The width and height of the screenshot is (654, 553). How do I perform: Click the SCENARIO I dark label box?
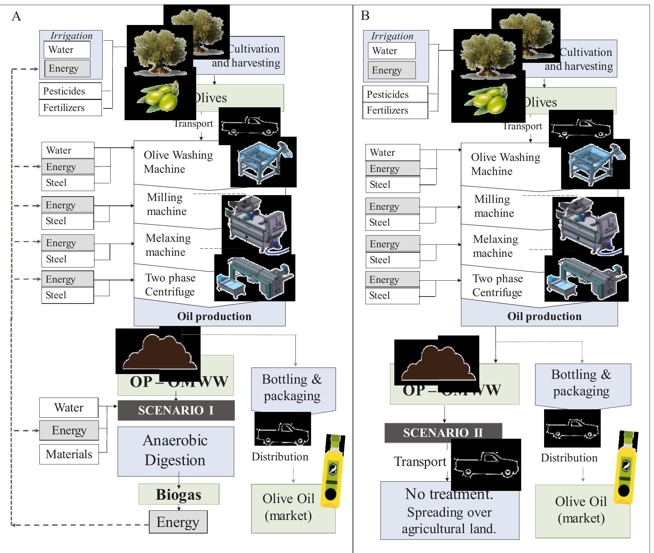[176, 410]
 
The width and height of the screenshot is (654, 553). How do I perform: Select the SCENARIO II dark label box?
[443, 432]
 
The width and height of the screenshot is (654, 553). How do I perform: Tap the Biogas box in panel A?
[179, 494]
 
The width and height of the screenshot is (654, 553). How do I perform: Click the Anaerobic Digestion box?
[176, 451]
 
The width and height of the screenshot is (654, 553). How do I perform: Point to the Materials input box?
[69, 454]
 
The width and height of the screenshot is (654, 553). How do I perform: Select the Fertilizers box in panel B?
[395, 111]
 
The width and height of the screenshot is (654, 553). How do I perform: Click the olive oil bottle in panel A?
[333, 471]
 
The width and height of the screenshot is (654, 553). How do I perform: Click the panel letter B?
[365, 16]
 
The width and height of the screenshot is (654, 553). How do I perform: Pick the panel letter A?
[16, 17]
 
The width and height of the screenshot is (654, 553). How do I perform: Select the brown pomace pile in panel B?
[436, 363]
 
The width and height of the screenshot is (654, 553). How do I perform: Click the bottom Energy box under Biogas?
[178, 522]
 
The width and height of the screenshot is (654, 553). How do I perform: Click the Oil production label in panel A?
[214, 316]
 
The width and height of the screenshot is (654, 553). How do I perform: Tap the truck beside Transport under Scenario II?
[486, 465]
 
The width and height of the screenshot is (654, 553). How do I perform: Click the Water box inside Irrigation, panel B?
[392, 51]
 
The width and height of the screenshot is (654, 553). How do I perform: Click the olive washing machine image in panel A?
[263, 162]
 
